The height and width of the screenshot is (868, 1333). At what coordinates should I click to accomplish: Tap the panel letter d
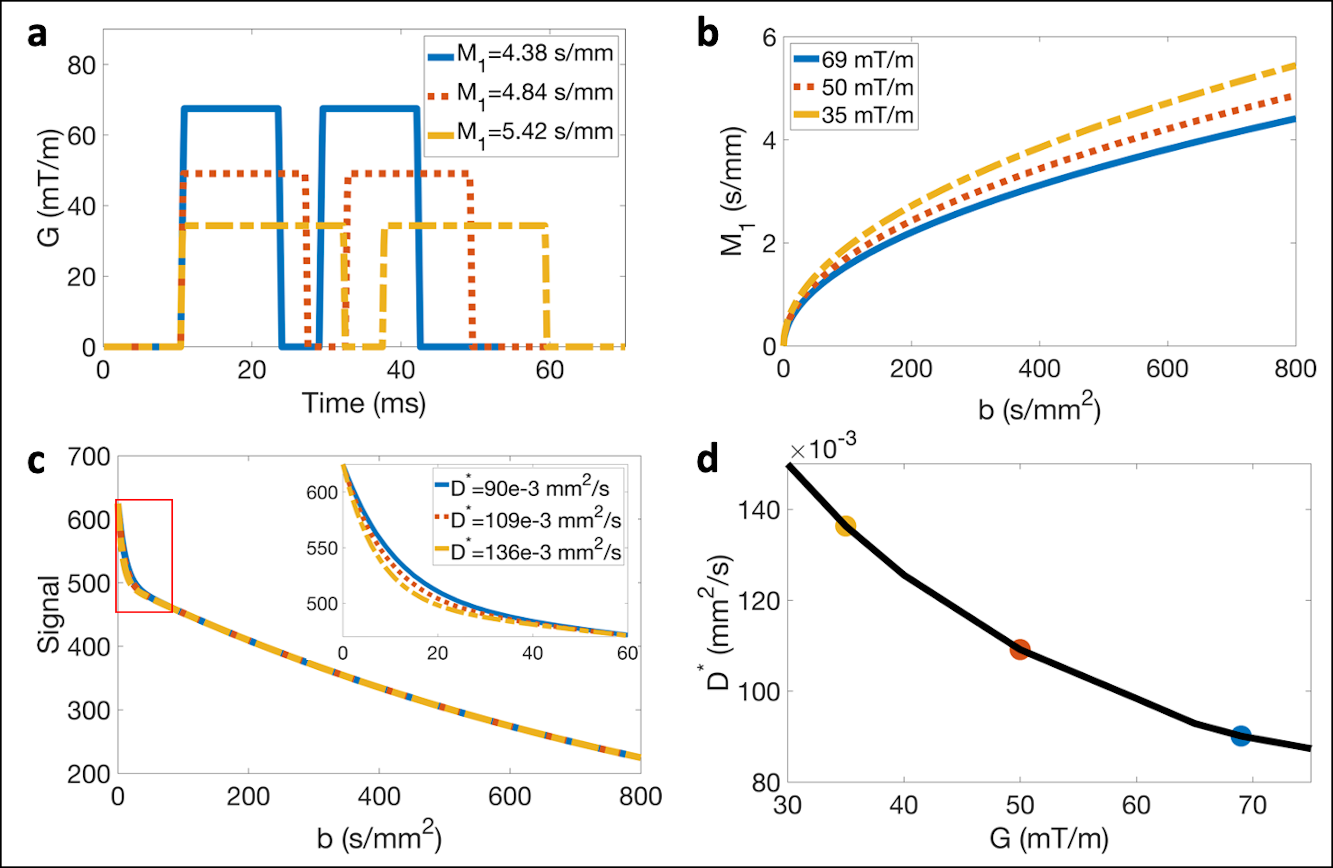[x=707, y=460]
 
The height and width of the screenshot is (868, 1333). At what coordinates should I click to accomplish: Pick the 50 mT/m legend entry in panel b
[x=854, y=87]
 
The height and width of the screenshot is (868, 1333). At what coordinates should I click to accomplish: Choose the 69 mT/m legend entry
[x=854, y=59]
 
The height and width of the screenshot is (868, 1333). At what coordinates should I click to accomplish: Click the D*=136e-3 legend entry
[x=528, y=552]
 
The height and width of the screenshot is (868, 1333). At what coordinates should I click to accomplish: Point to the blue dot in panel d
[x=1241, y=736]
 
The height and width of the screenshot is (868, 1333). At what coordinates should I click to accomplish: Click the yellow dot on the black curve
[x=846, y=526]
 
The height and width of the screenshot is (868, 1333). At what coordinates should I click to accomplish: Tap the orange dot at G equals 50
[x=1020, y=650]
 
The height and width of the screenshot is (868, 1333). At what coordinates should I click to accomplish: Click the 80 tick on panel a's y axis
[x=81, y=66]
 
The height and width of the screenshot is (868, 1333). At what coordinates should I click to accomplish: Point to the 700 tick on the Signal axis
[x=89, y=457]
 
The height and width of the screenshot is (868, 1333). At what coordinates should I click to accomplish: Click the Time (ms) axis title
[x=364, y=403]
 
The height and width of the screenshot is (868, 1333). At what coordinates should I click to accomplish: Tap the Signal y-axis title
[x=48, y=614]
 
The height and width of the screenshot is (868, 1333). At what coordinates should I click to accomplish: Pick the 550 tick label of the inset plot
[x=322, y=548]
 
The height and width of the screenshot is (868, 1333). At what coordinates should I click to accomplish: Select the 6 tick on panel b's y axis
[x=769, y=38]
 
